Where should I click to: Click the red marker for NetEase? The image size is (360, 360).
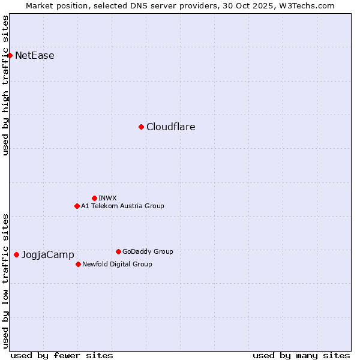[x=10, y=56]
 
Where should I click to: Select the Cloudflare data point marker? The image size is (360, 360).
[x=141, y=127]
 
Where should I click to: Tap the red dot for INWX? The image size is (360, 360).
[x=94, y=198]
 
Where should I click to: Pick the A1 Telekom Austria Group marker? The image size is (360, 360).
[x=77, y=206]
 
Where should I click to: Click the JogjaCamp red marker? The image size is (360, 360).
[x=16, y=254]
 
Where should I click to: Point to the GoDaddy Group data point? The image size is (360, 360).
[x=118, y=251]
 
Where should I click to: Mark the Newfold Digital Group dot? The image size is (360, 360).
[x=78, y=264]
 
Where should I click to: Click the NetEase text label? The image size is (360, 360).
[x=35, y=56]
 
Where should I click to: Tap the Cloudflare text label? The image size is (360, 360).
[x=171, y=127]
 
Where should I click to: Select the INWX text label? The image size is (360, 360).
[x=107, y=198]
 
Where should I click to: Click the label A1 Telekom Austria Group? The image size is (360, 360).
[x=122, y=206]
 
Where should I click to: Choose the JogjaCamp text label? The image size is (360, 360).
[x=48, y=255]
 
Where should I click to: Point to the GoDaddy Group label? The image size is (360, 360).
[x=148, y=251]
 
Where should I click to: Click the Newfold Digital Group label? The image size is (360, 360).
[x=117, y=264]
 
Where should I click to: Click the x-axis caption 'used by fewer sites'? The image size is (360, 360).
[x=62, y=355]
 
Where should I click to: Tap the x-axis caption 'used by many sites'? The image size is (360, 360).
[x=301, y=355]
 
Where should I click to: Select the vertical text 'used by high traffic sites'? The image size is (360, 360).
[x=5, y=85]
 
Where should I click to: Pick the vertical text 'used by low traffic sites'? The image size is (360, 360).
[x=5, y=281]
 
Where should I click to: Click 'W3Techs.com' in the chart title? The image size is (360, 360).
[x=309, y=5]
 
